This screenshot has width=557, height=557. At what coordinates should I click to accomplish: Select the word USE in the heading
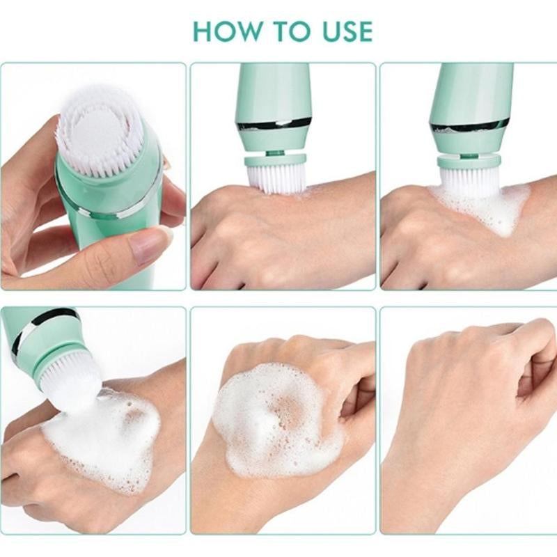click(342, 31)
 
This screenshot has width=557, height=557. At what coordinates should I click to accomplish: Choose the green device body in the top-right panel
click(471, 91)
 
